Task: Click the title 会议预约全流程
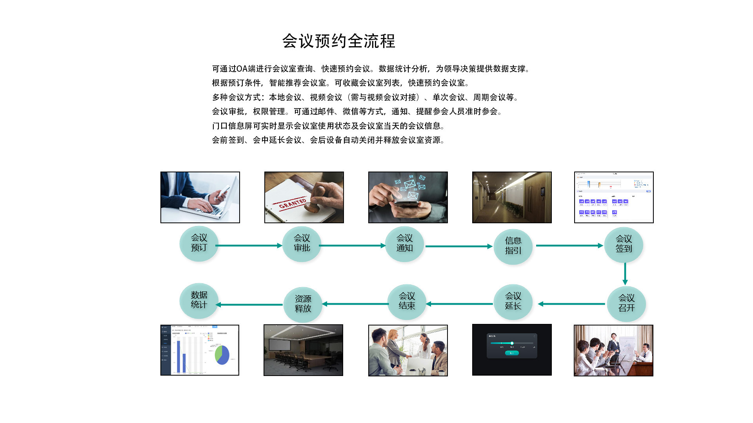[338, 41]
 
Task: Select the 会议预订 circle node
[199, 243]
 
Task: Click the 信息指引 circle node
[513, 246]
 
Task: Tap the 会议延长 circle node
[513, 302]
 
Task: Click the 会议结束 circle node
[407, 302]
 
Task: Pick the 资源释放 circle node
[303, 304]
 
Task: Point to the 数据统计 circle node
[199, 300]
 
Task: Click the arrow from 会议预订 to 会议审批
[249, 246]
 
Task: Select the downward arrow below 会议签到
[625, 273]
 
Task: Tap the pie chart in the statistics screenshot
[222, 354]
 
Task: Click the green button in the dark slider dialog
[512, 353]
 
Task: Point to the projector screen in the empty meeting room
[280, 345]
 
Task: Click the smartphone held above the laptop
[223, 192]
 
